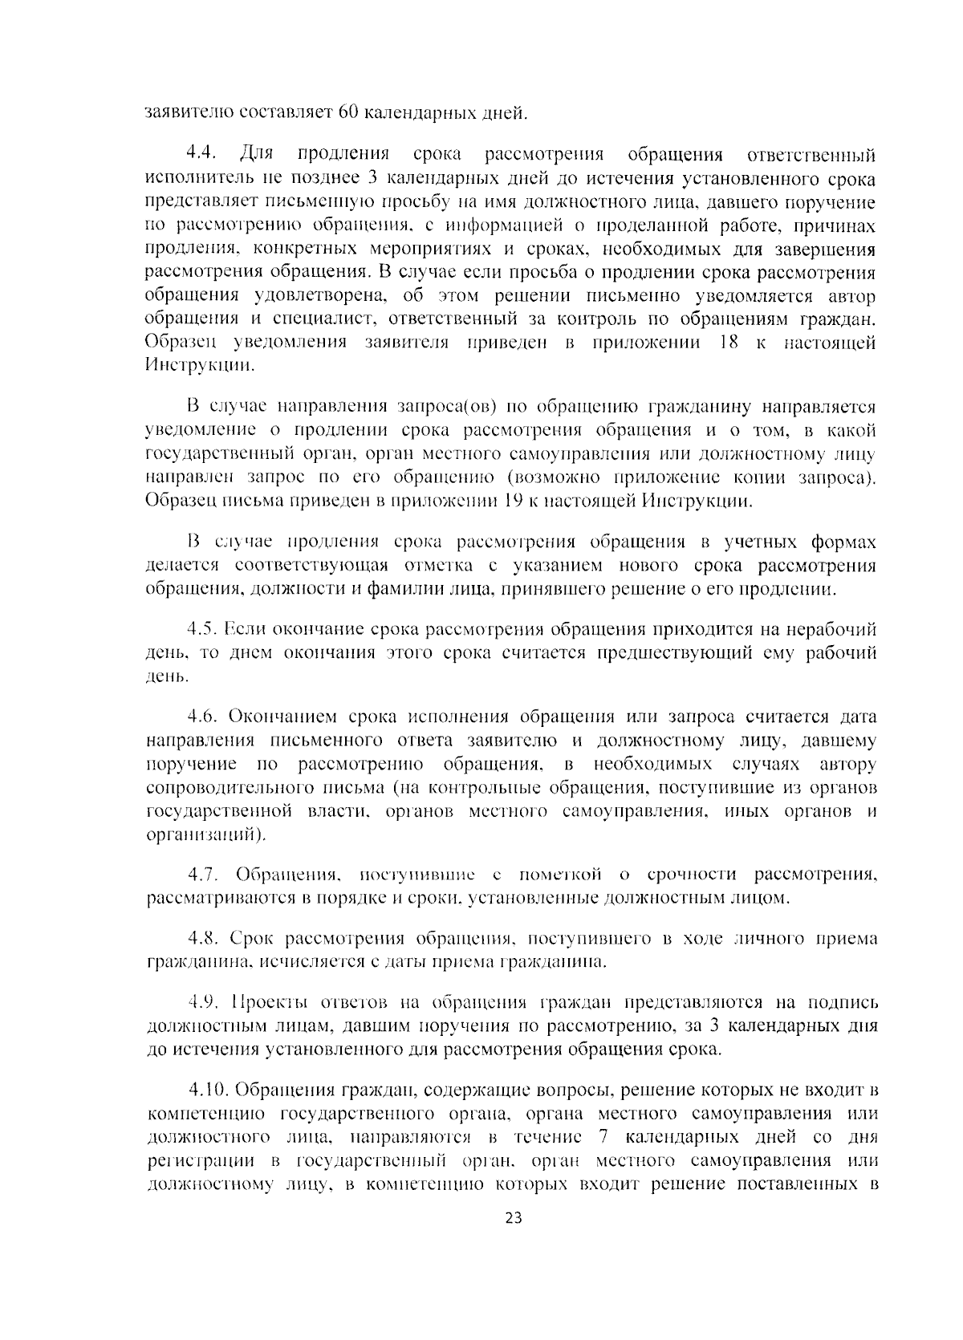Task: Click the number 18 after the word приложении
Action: coord(722,343)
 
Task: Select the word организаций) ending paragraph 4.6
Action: coord(205,834)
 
